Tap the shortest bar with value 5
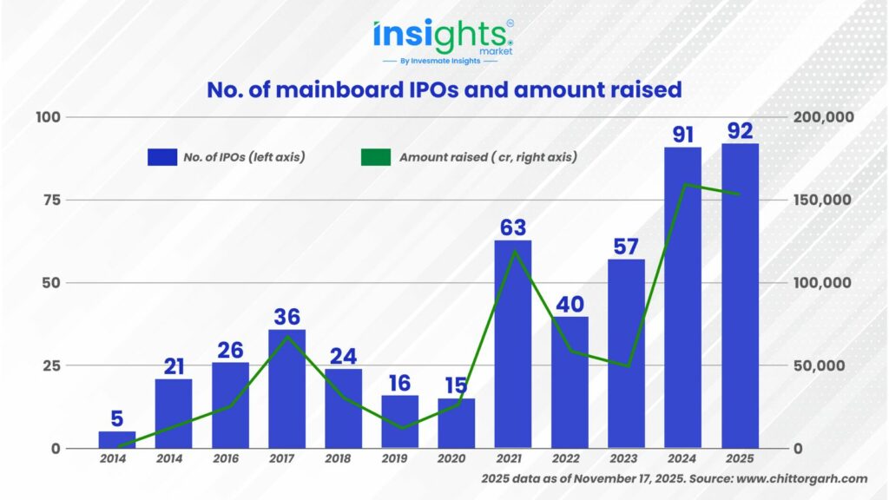tap(117, 440)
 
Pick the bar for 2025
tap(740, 295)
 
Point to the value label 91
tap(682, 135)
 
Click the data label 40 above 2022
tap(570, 305)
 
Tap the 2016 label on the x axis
tap(230, 458)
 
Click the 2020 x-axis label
tap(456, 458)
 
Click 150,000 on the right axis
tap(824, 200)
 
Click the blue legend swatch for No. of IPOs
tap(162, 157)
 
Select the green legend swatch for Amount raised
tap(376, 157)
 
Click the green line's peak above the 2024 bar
tap(684, 184)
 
